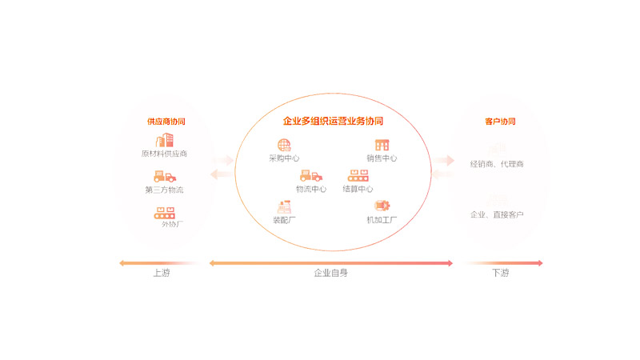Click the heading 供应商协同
point(166,122)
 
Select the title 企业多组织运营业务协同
point(333,122)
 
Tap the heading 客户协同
point(500,122)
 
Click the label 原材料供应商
point(164,154)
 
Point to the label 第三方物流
point(164,190)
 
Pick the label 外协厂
point(171,224)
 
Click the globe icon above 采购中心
point(284,145)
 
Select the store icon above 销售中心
point(382,145)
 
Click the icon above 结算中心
point(358,175)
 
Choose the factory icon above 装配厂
point(284,206)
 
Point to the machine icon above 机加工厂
point(382,206)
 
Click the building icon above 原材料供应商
point(164,140)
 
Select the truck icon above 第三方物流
point(164,176)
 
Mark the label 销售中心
point(382,158)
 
